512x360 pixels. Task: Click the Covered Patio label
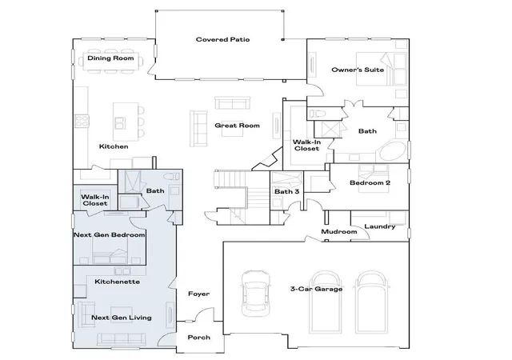(222, 39)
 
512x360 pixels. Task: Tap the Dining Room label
(110, 58)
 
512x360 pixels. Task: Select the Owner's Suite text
(358, 70)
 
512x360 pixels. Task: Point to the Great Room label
(237, 126)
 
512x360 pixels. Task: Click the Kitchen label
(114, 146)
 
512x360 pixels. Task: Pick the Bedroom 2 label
(370, 182)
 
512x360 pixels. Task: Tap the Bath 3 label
(286, 191)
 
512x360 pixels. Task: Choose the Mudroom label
(339, 232)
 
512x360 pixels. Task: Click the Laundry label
(380, 226)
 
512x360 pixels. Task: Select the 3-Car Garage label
(317, 289)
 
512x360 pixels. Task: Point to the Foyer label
(199, 294)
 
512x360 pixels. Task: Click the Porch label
(199, 338)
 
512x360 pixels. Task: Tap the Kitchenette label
(118, 282)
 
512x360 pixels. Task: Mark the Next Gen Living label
(122, 318)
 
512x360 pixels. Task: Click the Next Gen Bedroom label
(110, 235)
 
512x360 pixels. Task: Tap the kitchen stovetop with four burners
(82, 121)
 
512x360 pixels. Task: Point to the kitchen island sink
(119, 123)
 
